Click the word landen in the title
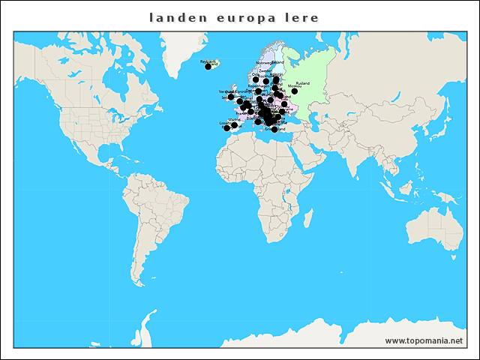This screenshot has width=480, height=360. [x=171, y=17]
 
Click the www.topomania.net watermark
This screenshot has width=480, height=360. [x=424, y=340]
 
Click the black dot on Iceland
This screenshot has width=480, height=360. [x=208, y=67]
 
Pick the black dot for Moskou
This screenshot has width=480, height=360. [x=294, y=91]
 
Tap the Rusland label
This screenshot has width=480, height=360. [x=303, y=83]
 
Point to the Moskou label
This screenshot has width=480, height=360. [x=295, y=86]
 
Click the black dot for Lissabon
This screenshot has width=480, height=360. [x=226, y=128]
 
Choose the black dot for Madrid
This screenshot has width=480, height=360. [x=234, y=125]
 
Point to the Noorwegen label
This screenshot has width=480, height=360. [x=265, y=63]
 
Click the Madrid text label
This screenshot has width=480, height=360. [x=234, y=119]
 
